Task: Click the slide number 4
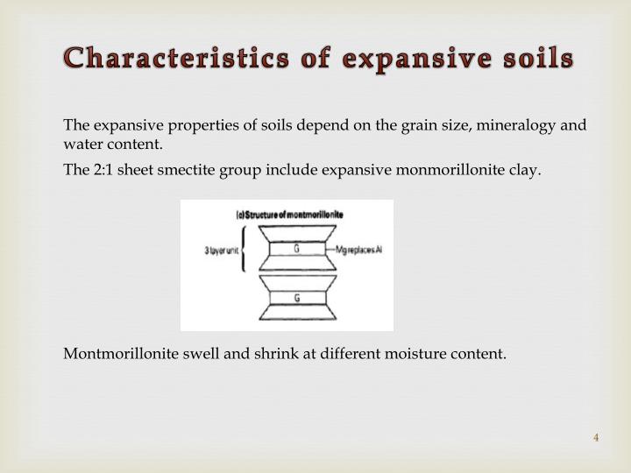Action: tap(596, 438)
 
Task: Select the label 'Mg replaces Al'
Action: tap(359, 249)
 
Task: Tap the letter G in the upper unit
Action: tap(297, 249)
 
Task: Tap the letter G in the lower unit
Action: tap(297, 298)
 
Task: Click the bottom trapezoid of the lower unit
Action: tap(297, 313)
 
